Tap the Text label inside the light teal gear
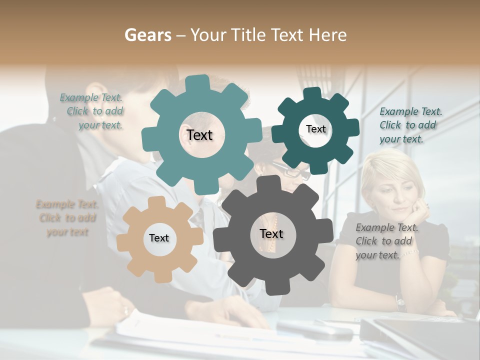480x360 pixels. click(x=199, y=135)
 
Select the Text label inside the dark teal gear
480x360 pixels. click(x=315, y=129)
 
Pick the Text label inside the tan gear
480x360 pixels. click(x=159, y=238)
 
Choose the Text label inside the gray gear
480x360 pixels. click(x=271, y=234)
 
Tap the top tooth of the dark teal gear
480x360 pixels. click(x=312, y=94)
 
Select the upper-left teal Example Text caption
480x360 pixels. click(x=93, y=111)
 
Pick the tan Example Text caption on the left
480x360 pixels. click(x=67, y=218)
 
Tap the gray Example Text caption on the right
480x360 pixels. click(x=386, y=241)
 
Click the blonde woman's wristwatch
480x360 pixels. click(x=400, y=301)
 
